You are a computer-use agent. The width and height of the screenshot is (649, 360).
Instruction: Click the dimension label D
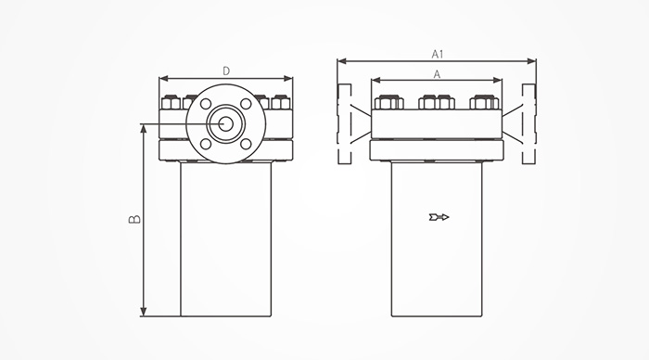[x=226, y=71]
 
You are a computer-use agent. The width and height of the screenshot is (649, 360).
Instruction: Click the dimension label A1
[x=438, y=54]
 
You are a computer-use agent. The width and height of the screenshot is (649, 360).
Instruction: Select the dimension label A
[x=437, y=74]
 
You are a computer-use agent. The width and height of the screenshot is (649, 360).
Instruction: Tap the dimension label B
[x=134, y=219]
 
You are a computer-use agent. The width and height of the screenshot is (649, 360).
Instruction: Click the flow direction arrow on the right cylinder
[x=439, y=217]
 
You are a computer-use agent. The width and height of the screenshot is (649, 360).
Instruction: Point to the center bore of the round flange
[x=225, y=123]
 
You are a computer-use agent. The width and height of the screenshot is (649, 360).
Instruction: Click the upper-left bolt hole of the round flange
[x=205, y=104]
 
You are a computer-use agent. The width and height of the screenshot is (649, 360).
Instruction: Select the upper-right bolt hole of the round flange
[x=246, y=104]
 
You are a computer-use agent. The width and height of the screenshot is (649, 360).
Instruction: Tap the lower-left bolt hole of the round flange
[x=205, y=144]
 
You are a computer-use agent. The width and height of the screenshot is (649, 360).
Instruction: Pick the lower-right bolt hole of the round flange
[x=246, y=144]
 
